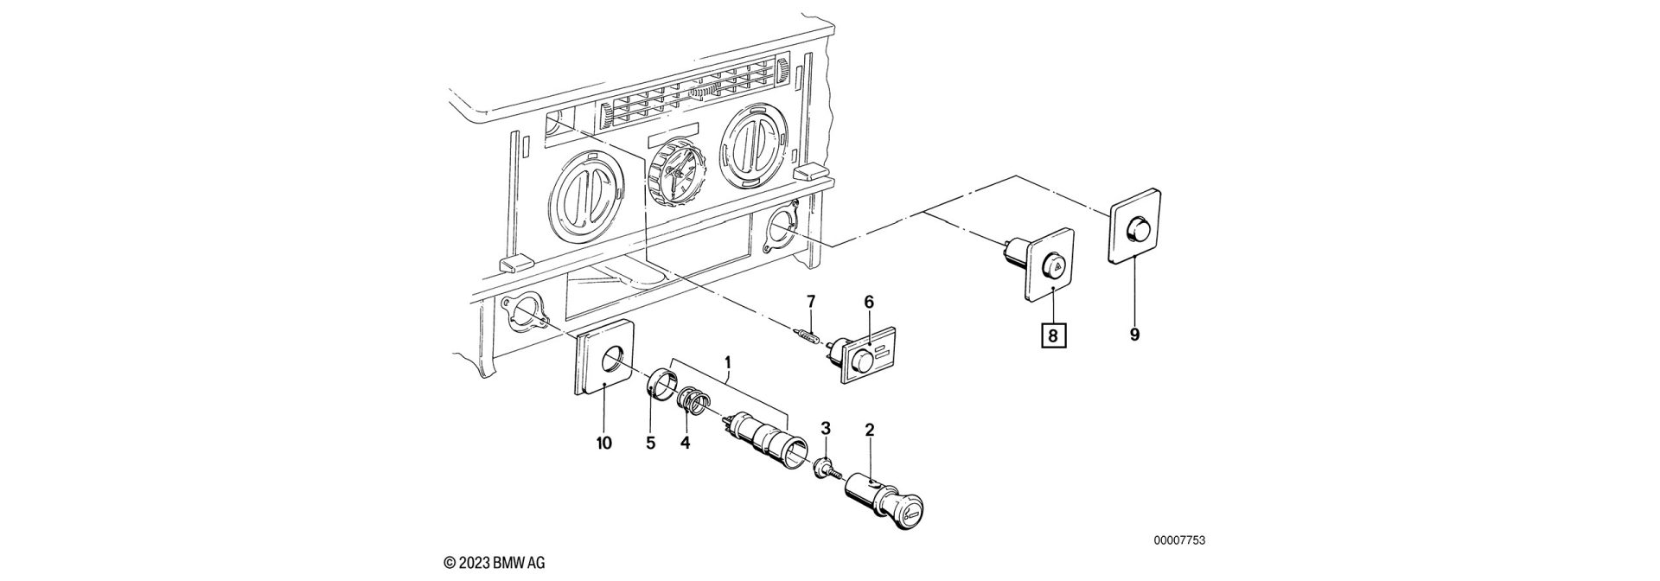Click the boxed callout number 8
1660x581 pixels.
point(1053,334)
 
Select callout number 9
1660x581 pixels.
point(1134,334)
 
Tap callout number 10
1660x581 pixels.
point(603,444)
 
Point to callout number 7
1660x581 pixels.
point(810,301)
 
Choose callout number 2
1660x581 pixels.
point(870,429)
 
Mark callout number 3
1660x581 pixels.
point(826,429)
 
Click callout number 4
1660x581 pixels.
point(686,444)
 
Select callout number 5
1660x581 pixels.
point(651,444)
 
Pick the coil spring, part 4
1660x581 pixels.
point(694,401)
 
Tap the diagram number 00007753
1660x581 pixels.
point(1179,540)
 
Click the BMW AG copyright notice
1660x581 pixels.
point(495,563)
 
